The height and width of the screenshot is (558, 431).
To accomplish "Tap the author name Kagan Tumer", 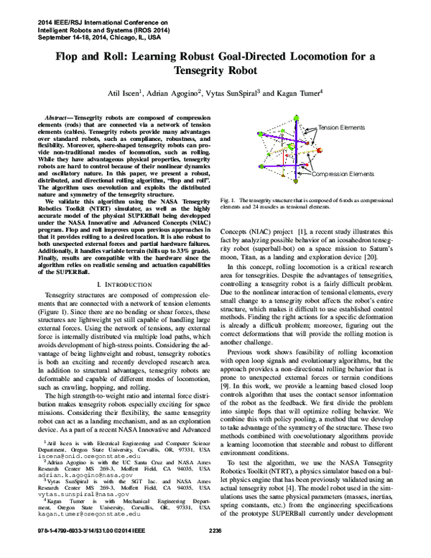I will coord(299,92).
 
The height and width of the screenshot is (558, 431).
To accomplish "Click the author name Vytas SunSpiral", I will coord(234,92).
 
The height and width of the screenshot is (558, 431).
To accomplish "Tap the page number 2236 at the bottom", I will coord(215,550).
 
